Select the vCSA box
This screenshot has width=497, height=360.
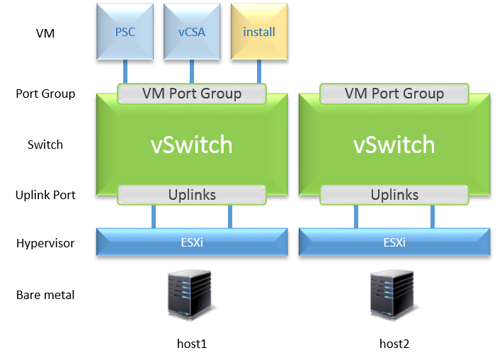(192, 32)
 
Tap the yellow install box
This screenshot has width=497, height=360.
(259, 32)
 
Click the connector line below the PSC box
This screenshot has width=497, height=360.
(125, 72)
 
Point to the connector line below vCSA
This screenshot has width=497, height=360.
(192, 72)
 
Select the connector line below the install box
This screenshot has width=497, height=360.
(259, 72)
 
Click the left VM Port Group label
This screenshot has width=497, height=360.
(192, 94)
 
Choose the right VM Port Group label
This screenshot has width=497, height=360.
(394, 94)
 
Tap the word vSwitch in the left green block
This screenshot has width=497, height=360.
(192, 145)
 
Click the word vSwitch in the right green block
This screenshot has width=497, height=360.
(394, 145)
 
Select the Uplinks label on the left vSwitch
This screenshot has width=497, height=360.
(192, 195)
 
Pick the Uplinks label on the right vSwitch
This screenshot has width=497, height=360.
(394, 195)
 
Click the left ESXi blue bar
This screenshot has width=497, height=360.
(192, 242)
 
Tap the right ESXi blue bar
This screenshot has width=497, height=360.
(394, 242)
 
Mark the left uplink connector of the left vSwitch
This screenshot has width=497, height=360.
(154, 216)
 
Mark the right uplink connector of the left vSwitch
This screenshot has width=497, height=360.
(229, 216)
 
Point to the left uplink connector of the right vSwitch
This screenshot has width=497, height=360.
(356, 216)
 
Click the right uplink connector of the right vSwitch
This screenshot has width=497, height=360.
(432, 216)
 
